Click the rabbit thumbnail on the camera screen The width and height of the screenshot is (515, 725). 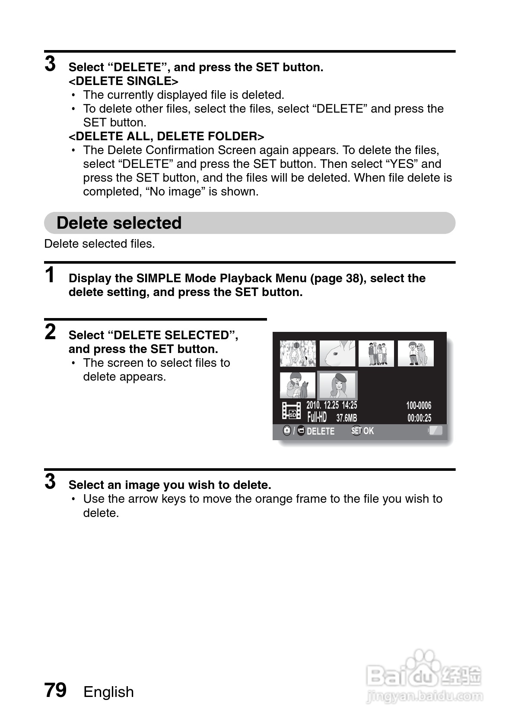tap(337, 354)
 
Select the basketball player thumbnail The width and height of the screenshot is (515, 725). tap(298, 354)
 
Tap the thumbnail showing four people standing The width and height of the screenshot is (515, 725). tap(376, 354)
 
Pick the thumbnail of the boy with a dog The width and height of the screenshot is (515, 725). tap(416, 354)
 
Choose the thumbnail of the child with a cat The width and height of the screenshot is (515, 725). tap(298, 385)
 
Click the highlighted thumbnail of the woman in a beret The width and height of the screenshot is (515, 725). tap(337, 385)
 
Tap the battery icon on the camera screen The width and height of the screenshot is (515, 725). tap(436, 430)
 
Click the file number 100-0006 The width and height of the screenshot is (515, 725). tap(419, 406)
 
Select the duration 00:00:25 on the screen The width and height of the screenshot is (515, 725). tap(419, 418)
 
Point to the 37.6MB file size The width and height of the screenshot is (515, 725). tap(347, 418)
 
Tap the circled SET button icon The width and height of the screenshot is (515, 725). tap(356, 431)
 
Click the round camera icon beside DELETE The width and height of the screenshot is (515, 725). tap(287, 431)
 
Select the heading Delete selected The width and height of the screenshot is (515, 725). tap(119, 223)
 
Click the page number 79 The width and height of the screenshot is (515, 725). tap(55, 690)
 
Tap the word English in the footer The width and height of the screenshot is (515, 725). tap(108, 692)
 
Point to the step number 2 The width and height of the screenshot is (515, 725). tap(51, 332)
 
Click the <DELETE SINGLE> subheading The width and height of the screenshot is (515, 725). tap(124, 81)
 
